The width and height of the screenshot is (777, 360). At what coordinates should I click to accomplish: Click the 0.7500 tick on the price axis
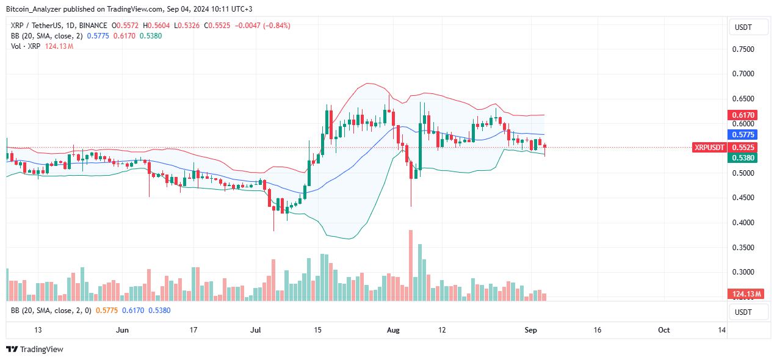coord(743,49)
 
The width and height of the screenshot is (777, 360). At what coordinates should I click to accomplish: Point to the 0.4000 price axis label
coord(743,223)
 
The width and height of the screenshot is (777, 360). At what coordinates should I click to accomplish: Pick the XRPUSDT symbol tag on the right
coord(709,147)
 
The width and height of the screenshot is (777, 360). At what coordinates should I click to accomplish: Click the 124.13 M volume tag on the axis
coord(746,294)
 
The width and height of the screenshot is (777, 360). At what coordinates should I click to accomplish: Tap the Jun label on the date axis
coord(123,330)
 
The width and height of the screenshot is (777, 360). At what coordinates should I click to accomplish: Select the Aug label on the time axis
coord(393,330)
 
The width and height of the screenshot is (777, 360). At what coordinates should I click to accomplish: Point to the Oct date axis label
coord(664,330)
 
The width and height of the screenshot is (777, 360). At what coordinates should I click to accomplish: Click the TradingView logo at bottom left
coord(35,350)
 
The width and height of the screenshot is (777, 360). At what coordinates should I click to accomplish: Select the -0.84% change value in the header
coord(276,26)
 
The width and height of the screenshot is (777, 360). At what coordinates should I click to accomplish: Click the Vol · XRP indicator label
coord(25,46)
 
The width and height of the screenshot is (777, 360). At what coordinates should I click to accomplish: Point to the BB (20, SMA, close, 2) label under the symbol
coord(46,36)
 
